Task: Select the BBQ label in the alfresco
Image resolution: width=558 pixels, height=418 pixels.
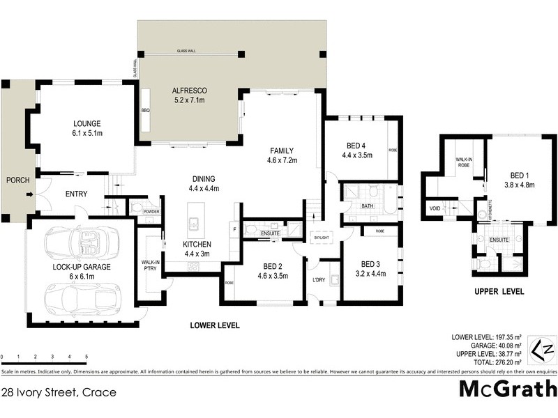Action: tap(146, 110)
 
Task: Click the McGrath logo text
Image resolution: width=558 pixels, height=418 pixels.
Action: tap(507, 389)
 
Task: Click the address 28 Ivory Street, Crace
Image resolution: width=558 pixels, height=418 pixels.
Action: tap(59, 392)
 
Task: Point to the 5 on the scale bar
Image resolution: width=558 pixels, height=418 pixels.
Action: tap(86, 357)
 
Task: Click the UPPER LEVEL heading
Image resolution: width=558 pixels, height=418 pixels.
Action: tap(499, 292)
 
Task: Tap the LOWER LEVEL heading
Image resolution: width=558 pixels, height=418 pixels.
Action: tap(215, 325)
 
